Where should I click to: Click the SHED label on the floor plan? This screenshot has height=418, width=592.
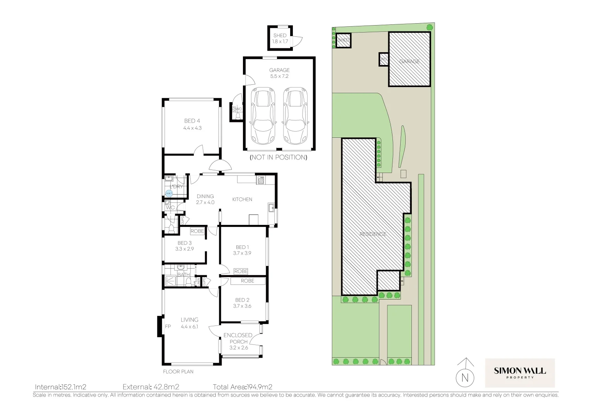(x=280, y=35)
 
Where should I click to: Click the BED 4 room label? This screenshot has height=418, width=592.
(x=192, y=121)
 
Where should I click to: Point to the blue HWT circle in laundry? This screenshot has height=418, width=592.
(x=169, y=193)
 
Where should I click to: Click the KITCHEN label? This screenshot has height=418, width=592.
(x=242, y=199)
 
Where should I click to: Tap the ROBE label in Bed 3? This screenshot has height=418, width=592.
(x=197, y=231)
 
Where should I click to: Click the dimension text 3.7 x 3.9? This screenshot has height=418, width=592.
(x=242, y=253)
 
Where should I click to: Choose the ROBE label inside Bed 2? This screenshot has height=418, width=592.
(x=248, y=281)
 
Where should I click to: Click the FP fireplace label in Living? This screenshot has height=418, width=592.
(x=168, y=327)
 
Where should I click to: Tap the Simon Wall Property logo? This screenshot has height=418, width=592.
(x=520, y=373)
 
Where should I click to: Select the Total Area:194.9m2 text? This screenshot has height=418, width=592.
(x=243, y=387)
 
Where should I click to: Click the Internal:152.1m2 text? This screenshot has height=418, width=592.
(x=60, y=387)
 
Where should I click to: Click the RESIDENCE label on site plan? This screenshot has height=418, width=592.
(x=373, y=234)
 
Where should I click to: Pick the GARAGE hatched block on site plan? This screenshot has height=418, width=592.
(x=410, y=59)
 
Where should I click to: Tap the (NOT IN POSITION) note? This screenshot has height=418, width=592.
(x=279, y=157)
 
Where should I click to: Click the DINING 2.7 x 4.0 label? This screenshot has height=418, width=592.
(x=205, y=199)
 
